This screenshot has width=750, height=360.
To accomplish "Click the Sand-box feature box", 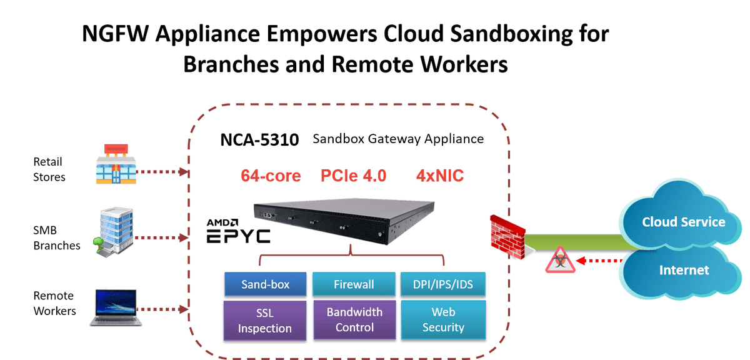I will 265,284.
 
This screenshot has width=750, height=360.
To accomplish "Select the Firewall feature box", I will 354,284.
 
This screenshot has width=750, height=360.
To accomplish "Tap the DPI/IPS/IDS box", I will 443,284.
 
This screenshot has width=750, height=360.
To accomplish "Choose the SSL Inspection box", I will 265,321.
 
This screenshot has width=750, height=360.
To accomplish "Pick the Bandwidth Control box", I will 354,319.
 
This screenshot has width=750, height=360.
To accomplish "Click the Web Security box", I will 443,319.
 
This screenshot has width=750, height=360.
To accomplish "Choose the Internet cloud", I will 682,270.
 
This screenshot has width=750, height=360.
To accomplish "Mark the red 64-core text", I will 271,176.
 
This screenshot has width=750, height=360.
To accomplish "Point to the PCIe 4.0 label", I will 353,176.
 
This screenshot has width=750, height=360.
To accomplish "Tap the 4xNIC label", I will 440,176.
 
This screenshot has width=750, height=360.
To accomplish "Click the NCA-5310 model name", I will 259,139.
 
